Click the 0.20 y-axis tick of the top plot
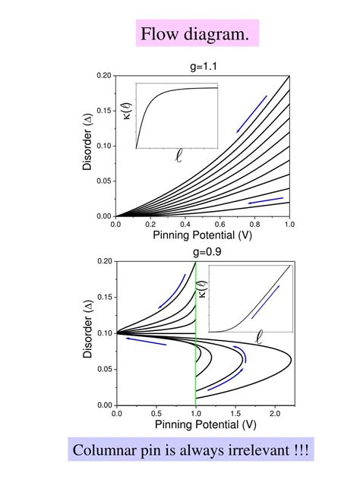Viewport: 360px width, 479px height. tap(103, 76)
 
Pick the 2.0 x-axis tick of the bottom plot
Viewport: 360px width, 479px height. tap(276, 414)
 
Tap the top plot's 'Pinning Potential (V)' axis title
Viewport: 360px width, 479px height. tap(202, 236)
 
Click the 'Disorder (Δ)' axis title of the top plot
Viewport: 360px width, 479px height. tap(88, 146)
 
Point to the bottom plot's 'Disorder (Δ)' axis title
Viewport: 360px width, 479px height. tap(88, 333)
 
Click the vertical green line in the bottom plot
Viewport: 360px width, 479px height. tap(196, 334)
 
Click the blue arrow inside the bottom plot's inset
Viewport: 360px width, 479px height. tap(266, 301)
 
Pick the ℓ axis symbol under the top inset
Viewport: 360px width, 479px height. tap(178, 157)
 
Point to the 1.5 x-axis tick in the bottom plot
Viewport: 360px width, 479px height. tap(235, 414)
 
